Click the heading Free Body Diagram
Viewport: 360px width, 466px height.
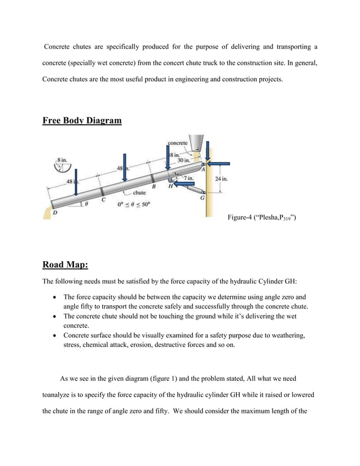82,120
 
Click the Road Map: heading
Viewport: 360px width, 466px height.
65,265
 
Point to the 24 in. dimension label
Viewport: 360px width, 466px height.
221,179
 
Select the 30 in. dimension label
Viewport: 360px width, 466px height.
183,160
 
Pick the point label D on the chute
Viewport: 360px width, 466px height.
54,213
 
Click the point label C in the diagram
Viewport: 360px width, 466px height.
103,199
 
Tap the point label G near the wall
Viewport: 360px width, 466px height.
202,199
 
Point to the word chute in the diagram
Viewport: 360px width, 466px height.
139,194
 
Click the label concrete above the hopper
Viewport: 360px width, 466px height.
178,143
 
